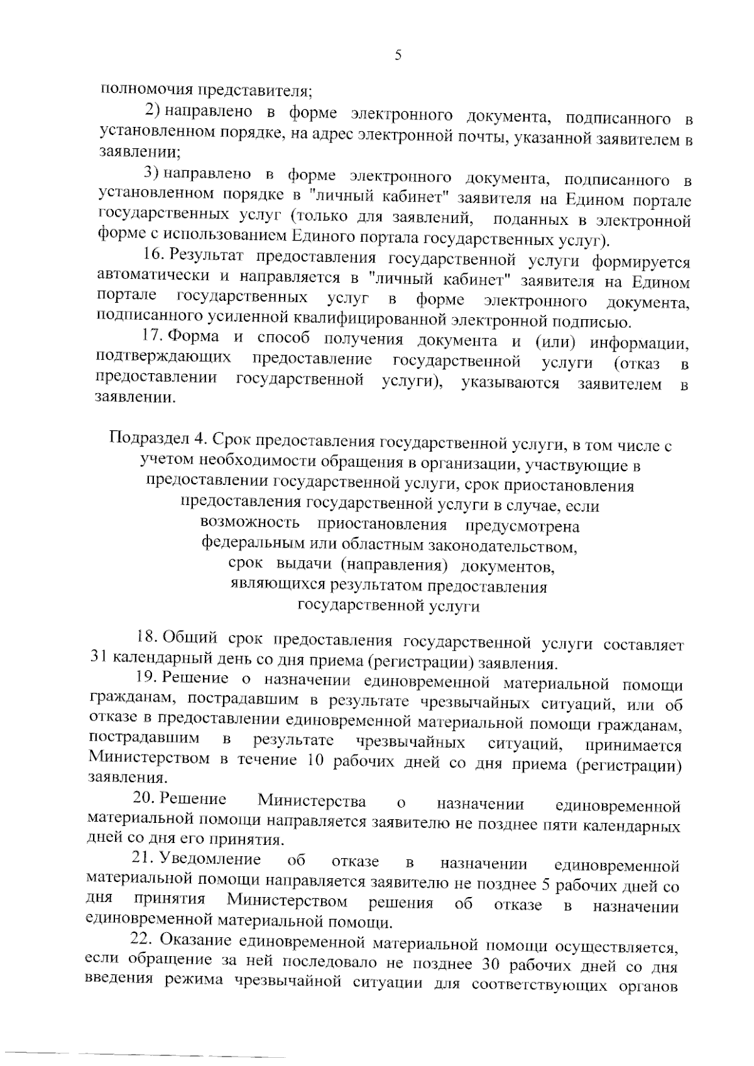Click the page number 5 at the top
click(x=396, y=55)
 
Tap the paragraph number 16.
click(x=153, y=255)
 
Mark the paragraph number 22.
click(x=141, y=940)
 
